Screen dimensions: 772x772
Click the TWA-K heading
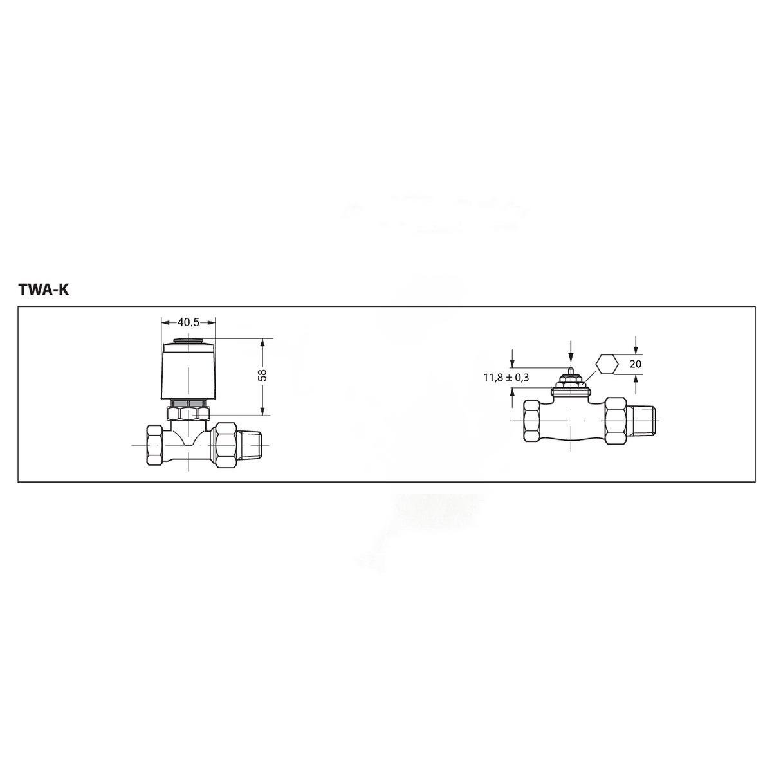43,290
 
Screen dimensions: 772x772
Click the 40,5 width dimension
188,322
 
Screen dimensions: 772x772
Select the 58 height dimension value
262,376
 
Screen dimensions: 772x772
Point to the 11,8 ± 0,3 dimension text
506,378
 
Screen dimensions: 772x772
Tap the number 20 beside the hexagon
636,364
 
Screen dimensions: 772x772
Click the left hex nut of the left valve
154,445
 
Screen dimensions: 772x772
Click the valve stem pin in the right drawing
571,371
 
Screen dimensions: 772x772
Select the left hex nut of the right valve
533,421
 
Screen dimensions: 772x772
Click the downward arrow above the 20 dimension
636,347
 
